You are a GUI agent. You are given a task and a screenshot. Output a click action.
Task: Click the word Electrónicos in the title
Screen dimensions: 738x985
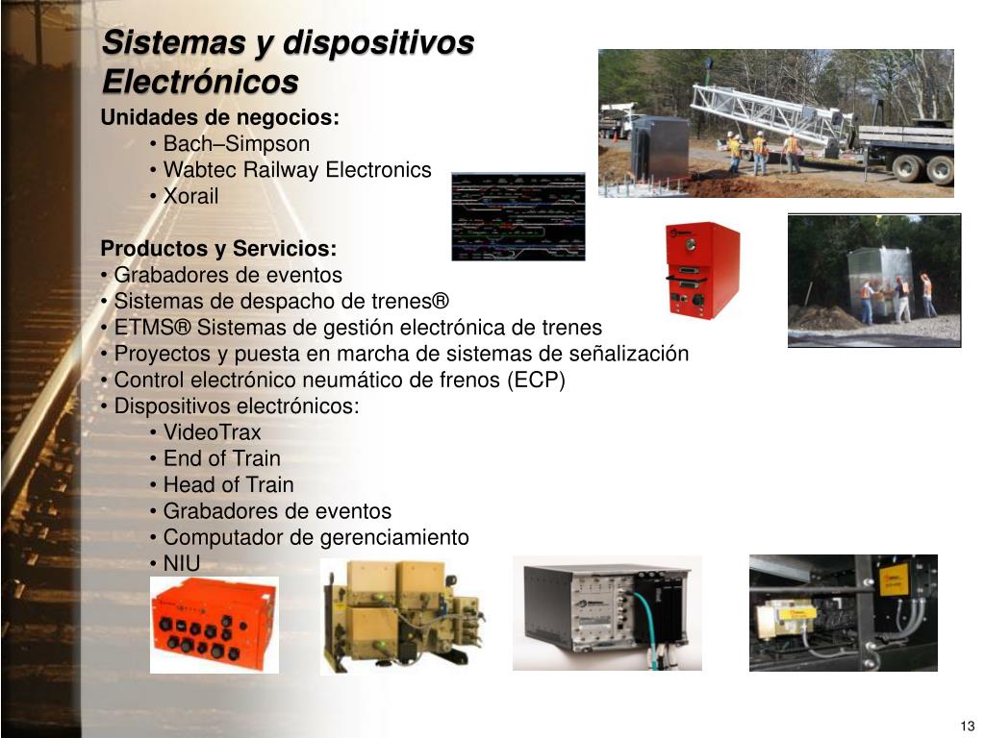[x=200, y=82]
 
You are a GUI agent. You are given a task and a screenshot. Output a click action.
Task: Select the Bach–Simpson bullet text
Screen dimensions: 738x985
[x=237, y=144]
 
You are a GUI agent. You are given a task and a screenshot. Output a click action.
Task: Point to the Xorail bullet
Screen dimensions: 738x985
[x=190, y=196]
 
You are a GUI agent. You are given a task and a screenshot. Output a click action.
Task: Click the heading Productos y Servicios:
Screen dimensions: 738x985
[x=219, y=250]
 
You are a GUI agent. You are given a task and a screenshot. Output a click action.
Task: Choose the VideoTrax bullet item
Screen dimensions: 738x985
[x=212, y=432]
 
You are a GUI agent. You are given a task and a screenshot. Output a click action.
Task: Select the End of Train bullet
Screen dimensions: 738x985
[x=222, y=458]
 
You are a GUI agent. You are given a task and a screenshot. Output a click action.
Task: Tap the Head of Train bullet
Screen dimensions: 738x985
[x=228, y=484]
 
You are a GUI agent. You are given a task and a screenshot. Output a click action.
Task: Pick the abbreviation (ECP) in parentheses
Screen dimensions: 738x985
[x=536, y=380]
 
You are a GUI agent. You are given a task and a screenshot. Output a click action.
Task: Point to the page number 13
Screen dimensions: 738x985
[x=967, y=726]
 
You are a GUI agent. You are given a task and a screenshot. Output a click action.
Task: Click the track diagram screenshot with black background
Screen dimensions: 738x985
[x=518, y=217]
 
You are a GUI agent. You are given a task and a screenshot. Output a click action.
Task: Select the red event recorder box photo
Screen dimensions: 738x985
[x=703, y=270]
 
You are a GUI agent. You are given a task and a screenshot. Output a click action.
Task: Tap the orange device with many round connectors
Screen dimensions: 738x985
[x=215, y=625]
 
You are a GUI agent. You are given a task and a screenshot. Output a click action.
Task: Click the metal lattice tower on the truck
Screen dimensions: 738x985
[x=770, y=111]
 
